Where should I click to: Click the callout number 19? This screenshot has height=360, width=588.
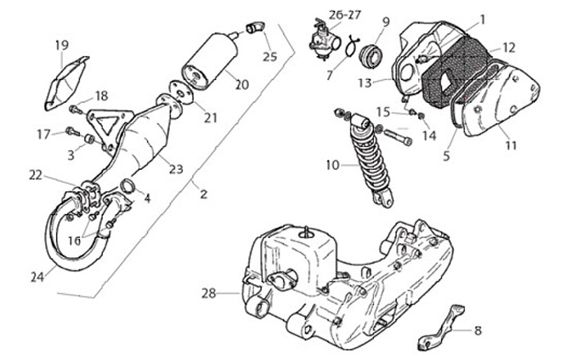(62, 44)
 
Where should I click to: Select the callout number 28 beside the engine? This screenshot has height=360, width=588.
(209, 292)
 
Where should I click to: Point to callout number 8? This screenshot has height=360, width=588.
(478, 331)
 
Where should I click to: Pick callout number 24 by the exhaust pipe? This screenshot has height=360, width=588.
(37, 277)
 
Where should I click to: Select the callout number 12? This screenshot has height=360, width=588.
(509, 47)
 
